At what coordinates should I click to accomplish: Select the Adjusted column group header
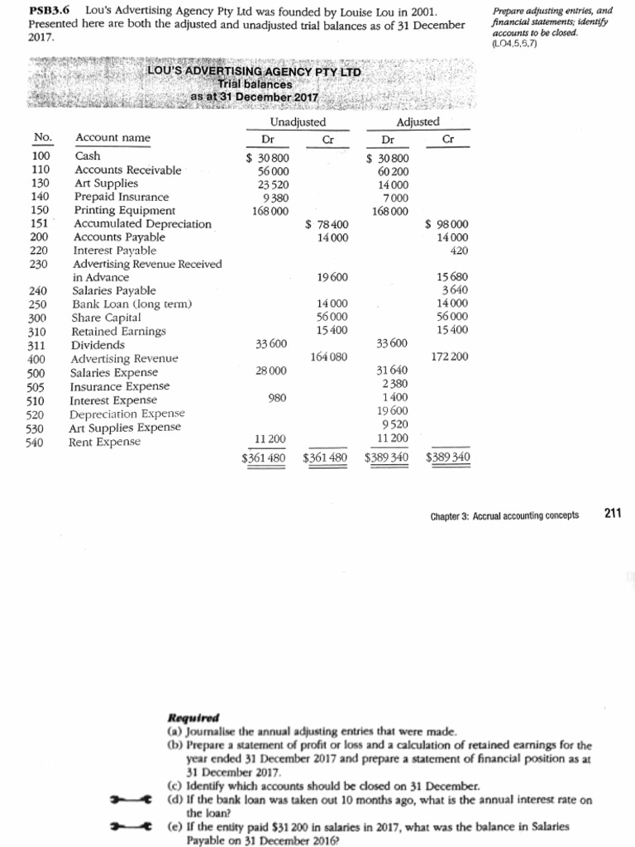point(418,122)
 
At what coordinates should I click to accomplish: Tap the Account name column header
point(113,138)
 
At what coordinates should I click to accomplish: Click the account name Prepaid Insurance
point(122,197)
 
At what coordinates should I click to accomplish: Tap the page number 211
point(612,514)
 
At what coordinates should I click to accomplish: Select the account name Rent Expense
point(104,442)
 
